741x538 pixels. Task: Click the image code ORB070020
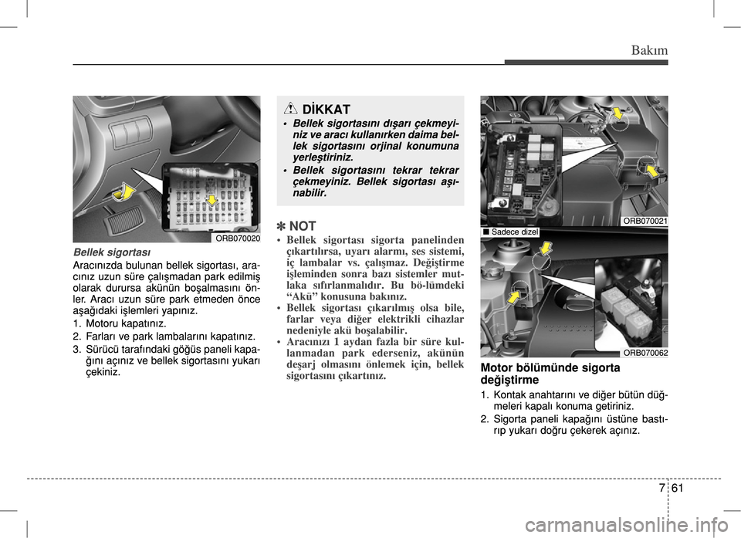tap(237, 238)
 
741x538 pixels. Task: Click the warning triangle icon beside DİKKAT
tap(290, 110)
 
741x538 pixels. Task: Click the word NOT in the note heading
tap(303, 226)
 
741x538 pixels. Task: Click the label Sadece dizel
tap(509, 232)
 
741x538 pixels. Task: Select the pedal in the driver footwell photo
tap(121, 225)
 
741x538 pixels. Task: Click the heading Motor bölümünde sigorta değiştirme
tap(549, 374)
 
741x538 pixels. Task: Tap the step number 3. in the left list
tap(77, 348)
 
